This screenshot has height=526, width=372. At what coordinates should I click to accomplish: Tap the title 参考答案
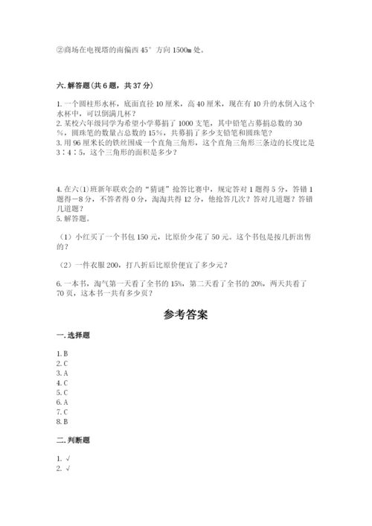point(186,313)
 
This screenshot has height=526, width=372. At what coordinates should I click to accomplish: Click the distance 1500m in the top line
point(182,51)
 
